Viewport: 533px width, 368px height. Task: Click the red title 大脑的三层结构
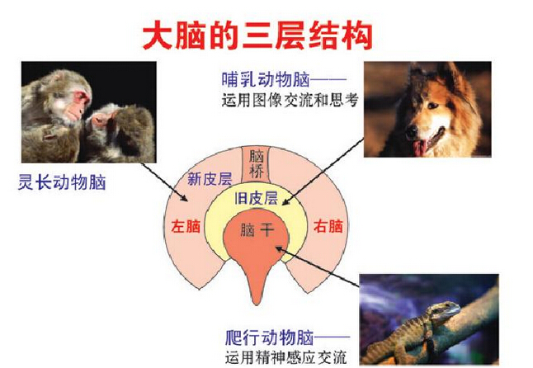(257, 35)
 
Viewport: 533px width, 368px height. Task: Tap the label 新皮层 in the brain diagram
(210, 179)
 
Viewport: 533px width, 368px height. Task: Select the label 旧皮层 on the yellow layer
(256, 198)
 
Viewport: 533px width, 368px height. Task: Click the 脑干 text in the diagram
(257, 229)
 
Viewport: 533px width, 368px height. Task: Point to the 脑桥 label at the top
(257, 164)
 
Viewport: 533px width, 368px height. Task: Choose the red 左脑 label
(186, 226)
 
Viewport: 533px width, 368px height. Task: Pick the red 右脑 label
(328, 226)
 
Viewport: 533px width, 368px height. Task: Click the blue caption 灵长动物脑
(62, 182)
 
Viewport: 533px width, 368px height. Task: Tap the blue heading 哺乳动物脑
(266, 79)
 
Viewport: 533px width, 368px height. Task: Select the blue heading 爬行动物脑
(269, 337)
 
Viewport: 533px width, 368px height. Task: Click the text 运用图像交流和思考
(290, 101)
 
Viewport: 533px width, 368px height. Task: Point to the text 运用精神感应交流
(285, 357)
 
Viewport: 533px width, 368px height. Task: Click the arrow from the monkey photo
(164, 182)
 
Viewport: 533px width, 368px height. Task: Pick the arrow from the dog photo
(323, 172)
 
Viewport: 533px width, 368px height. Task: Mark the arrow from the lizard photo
(317, 267)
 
